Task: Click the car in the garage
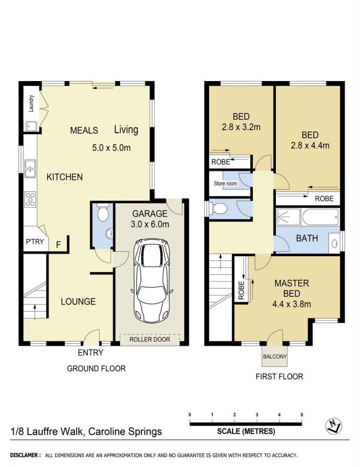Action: (152, 281)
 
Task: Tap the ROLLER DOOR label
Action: (150, 339)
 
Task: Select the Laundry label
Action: (31, 103)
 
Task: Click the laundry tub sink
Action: (31, 126)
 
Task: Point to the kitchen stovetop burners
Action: (30, 199)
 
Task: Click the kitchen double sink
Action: (30, 168)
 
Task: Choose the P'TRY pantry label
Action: (35, 241)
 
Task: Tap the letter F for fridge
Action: (58, 245)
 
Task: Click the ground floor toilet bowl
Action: (103, 213)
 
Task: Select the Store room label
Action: (225, 183)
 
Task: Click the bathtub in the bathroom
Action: (320, 217)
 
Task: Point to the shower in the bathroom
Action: (288, 217)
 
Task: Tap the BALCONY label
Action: (275, 356)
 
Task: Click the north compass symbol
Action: (334, 426)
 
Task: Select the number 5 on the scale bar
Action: (301, 415)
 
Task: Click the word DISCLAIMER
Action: (26, 455)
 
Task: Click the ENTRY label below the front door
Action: (90, 353)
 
